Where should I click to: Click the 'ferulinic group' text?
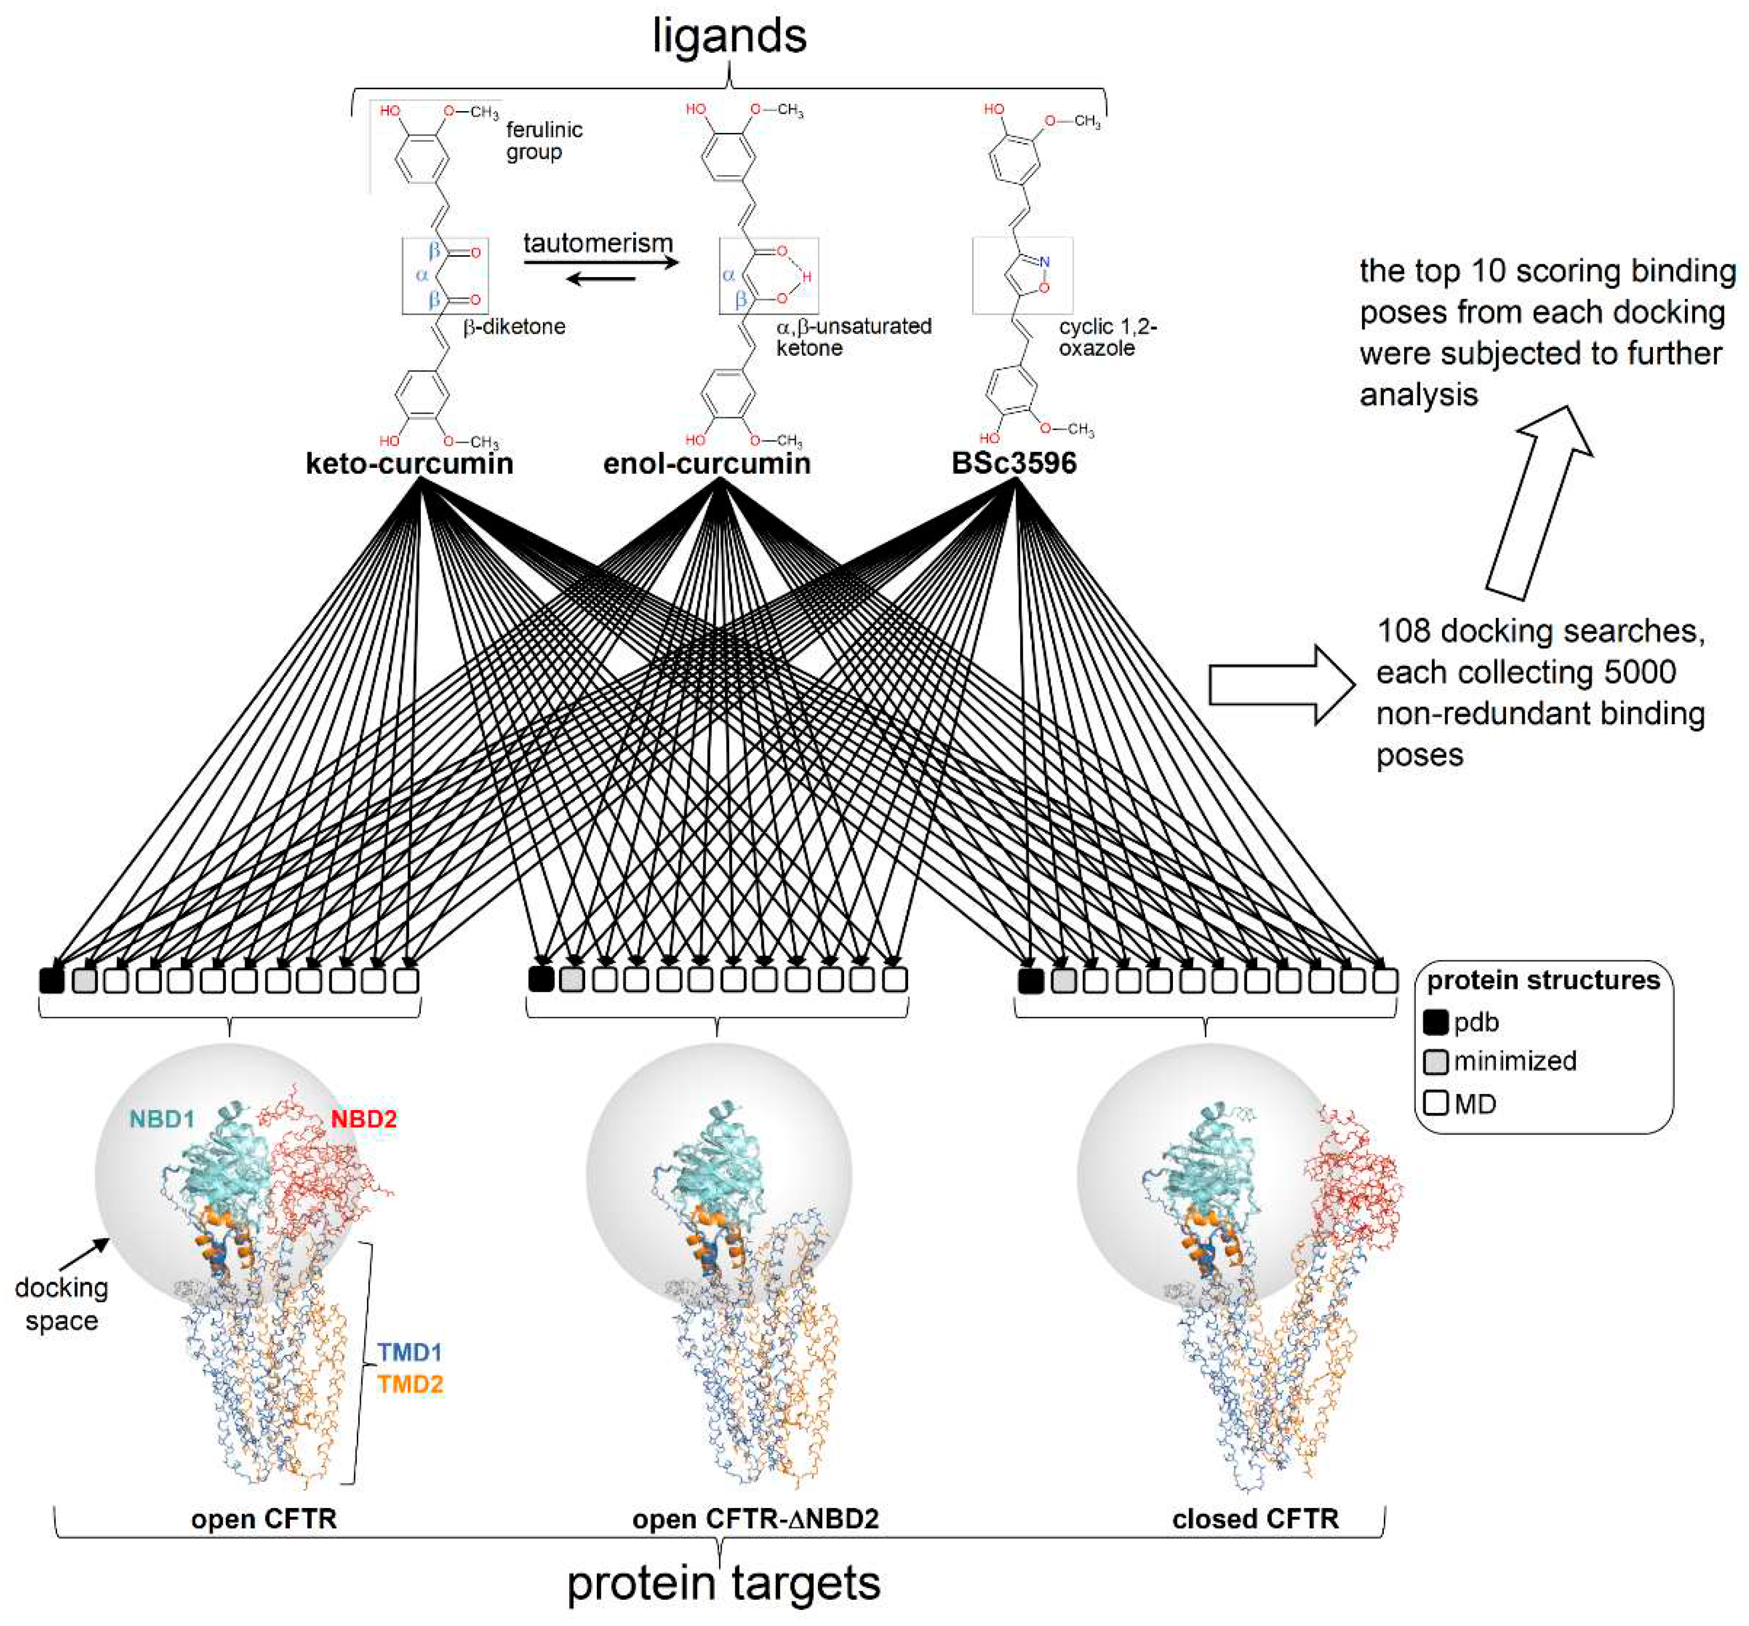click(543, 141)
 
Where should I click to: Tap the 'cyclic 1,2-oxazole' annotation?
click(1107, 337)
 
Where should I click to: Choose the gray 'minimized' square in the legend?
click(1435, 1061)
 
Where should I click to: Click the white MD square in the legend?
click(1435, 1103)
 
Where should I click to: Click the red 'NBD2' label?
click(364, 1119)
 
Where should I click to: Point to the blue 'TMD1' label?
click(410, 1353)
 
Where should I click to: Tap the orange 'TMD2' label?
click(410, 1385)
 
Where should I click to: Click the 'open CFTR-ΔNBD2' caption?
click(755, 1519)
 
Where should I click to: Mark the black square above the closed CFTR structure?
click(1030, 980)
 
